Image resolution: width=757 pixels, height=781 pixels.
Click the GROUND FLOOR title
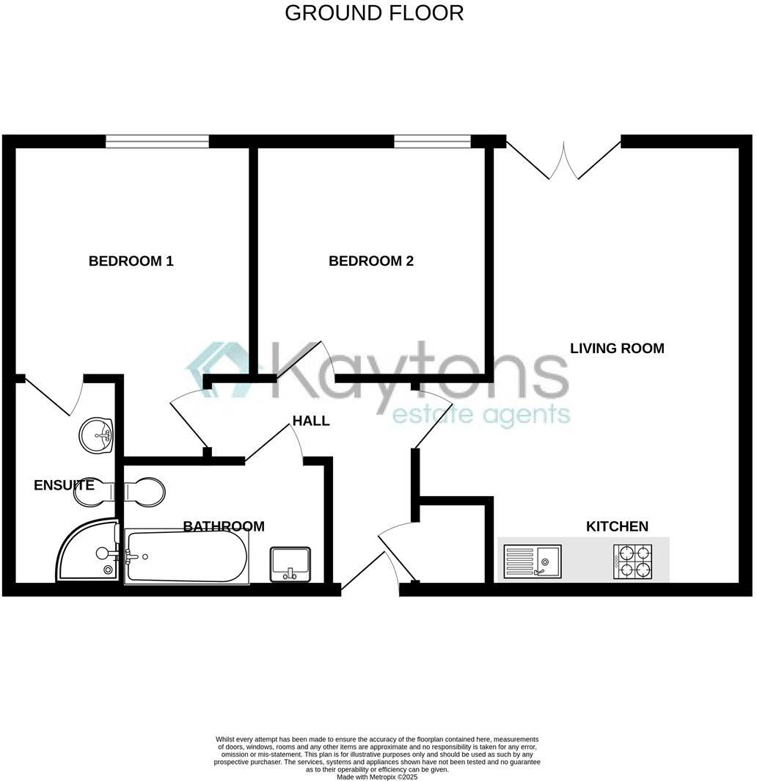(374, 13)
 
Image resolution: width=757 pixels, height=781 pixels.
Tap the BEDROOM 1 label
(131, 261)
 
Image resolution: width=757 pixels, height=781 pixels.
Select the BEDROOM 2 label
(370, 261)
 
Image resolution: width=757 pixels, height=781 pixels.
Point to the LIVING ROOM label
(617, 348)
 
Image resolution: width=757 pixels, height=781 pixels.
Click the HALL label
(311, 421)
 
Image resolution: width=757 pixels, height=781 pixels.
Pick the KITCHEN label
(617, 526)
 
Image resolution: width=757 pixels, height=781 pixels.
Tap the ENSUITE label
(64, 485)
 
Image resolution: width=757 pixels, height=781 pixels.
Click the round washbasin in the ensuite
(97, 434)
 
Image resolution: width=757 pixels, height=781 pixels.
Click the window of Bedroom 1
(157, 141)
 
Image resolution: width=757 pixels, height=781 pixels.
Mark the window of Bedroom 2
(432, 141)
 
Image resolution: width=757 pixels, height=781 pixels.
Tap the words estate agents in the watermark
(481, 415)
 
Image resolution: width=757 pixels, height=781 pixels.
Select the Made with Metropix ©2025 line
(377, 777)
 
